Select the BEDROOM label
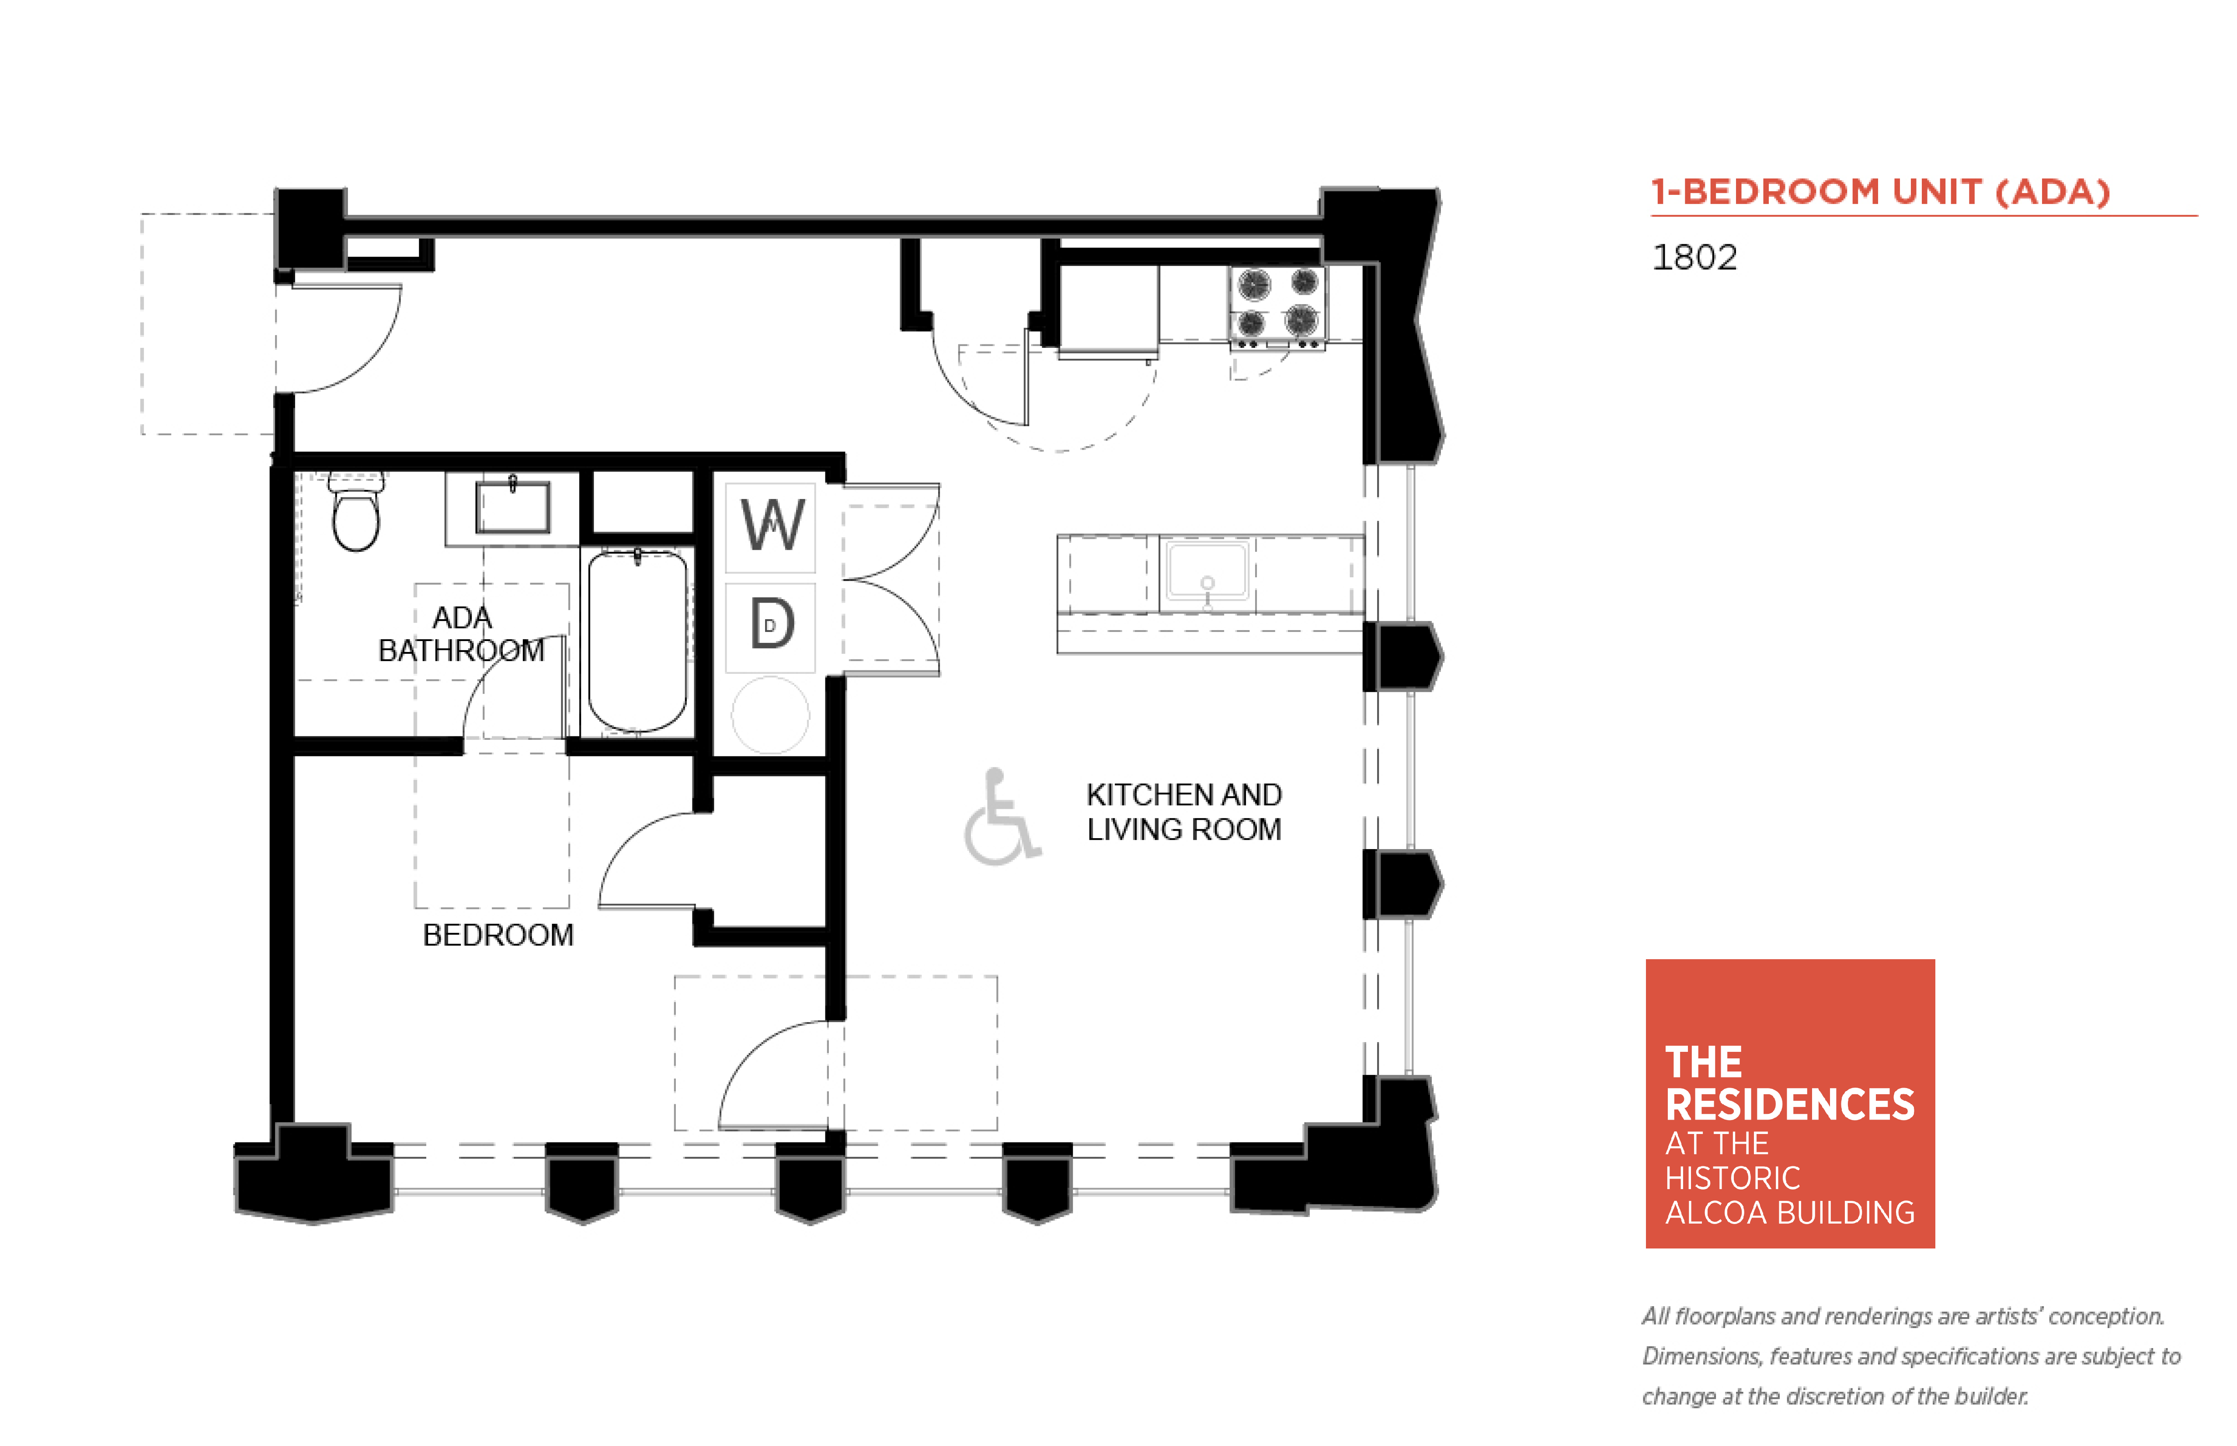point(498,935)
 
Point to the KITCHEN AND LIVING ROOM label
point(1184,812)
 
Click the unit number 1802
point(1694,257)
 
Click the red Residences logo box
point(1790,1103)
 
